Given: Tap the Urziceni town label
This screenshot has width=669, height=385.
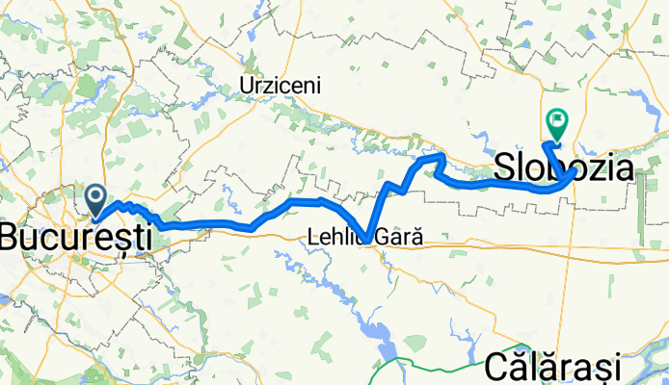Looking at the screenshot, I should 279,86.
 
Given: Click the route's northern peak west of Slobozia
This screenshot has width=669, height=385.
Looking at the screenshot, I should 440,155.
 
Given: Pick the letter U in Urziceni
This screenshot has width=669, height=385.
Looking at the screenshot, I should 244,86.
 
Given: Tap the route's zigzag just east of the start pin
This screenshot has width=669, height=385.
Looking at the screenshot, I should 135,209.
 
